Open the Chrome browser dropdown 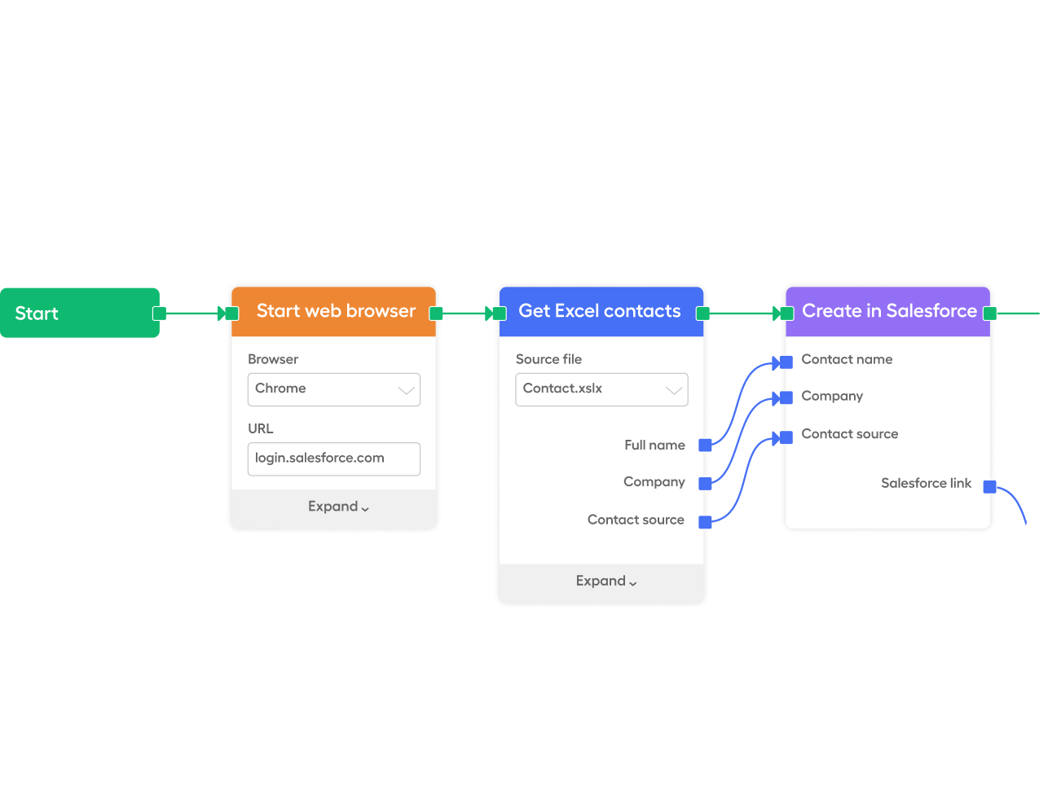tap(333, 389)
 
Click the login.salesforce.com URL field tap(333, 459)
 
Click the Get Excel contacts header tap(600, 311)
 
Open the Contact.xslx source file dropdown tap(601, 389)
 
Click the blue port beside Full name tap(705, 445)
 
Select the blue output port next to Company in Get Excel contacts tap(705, 483)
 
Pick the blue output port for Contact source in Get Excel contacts tap(705, 522)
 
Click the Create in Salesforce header tap(888, 311)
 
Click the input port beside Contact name tap(786, 362)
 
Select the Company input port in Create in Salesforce tap(786, 397)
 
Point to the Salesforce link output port tap(989, 487)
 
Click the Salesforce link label tap(926, 483)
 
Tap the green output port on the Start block tap(160, 314)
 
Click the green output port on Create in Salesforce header tap(989, 314)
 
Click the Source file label tap(548, 359)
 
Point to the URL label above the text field tap(261, 428)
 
